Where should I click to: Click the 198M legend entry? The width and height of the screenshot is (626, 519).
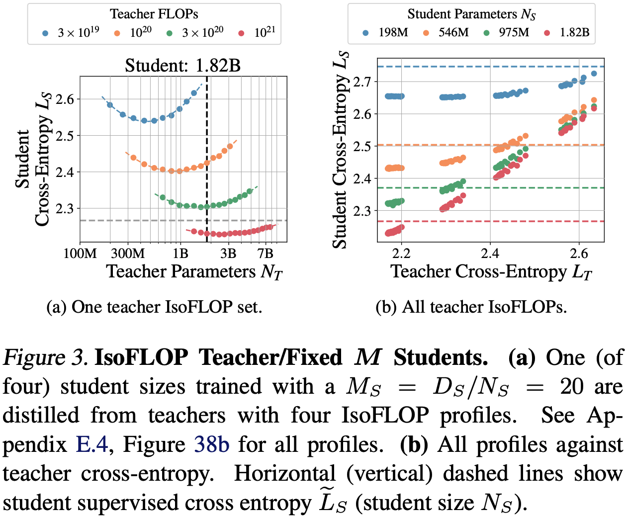coord(386,33)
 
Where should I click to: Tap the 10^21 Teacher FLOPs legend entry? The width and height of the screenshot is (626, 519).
coord(257,33)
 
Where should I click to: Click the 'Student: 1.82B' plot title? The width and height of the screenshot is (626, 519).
coord(182,65)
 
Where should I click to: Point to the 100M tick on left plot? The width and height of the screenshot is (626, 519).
coord(80,254)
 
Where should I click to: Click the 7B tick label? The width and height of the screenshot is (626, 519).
coord(266,254)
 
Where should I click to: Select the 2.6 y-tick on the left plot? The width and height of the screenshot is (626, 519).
coord(65,99)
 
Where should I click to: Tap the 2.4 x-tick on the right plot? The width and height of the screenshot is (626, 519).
coord(490,254)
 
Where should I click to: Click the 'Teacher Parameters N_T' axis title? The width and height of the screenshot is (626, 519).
coord(194,272)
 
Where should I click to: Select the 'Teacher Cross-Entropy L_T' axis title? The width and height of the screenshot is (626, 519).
coord(491,272)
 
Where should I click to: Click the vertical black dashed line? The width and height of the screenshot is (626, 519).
coord(207,149)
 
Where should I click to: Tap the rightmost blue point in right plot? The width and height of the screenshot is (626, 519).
coord(593,74)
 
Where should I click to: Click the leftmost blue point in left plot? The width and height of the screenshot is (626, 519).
coord(110,105)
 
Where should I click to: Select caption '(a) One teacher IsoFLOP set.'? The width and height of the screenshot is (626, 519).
coord(154,307)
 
